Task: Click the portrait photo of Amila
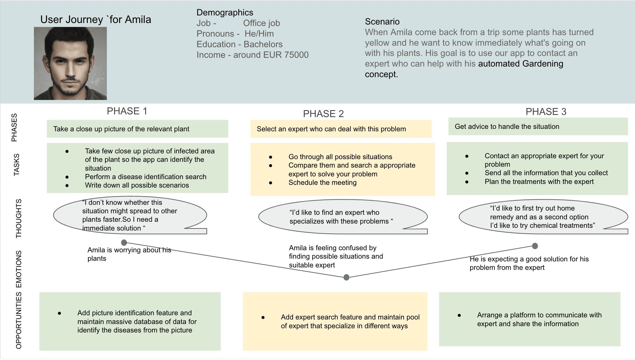pos(70,64)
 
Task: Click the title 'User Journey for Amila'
pos(96,20)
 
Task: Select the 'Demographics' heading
pos(225,12)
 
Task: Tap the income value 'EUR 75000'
pos(286,55)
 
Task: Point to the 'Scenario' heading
pos(382,21)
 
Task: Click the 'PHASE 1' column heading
pos(127,111)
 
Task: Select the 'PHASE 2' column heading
pos(323,114)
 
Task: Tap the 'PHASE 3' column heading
pos(546,112)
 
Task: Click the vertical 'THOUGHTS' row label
pos(19,218)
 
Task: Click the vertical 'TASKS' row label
pos(17,165)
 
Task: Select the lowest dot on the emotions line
pos(347,277)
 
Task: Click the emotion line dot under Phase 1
pos(124,243)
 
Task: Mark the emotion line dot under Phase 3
pos(535,246)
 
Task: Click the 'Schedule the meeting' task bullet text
pos(322,182)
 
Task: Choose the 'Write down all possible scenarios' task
pos(137,185)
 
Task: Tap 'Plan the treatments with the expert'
pos(539,182)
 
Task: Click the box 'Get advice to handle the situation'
pos(538,126)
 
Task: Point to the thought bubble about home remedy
pos(542,217)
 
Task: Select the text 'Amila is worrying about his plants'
pos(129,254)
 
